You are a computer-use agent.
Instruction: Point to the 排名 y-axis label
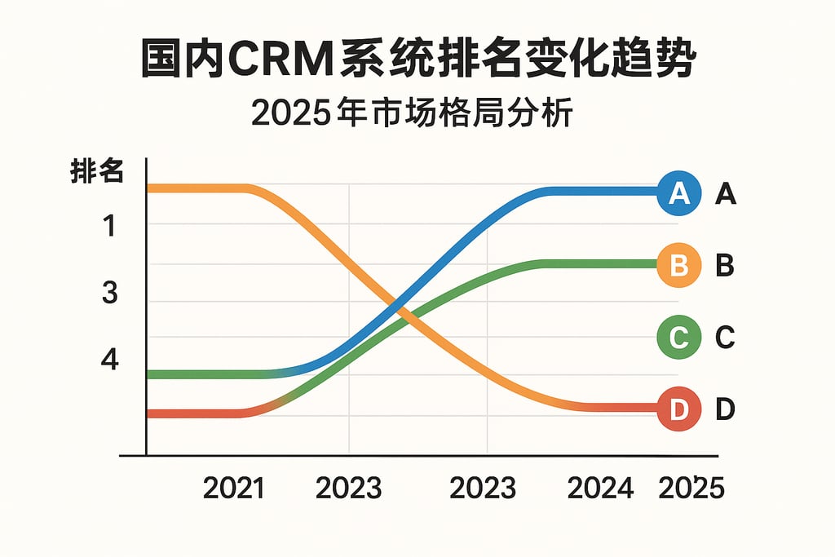point(97,173)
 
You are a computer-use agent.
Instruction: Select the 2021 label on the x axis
point(233,488)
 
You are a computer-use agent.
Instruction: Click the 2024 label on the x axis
point(600,488)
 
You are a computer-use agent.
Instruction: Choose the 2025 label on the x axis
point(691,488)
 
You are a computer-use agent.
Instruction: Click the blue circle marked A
point(678,192)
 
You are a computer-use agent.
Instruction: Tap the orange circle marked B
point(678,265)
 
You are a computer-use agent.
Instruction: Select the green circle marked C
point(678,336)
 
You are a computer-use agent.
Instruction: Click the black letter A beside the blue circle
point(726,194)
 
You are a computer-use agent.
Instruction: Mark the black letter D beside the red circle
point(726,410)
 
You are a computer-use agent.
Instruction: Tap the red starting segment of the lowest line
point(196,413)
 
